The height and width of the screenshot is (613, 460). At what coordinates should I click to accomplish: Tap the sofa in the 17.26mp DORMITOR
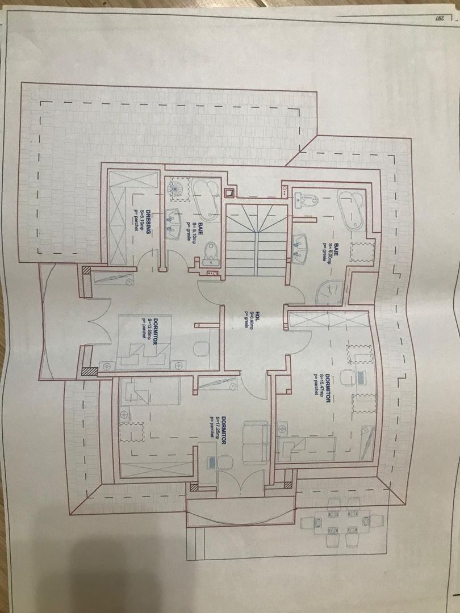click(x=256, y=442)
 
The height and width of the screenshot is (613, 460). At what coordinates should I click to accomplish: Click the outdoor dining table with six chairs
click(x=341, y=522)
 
